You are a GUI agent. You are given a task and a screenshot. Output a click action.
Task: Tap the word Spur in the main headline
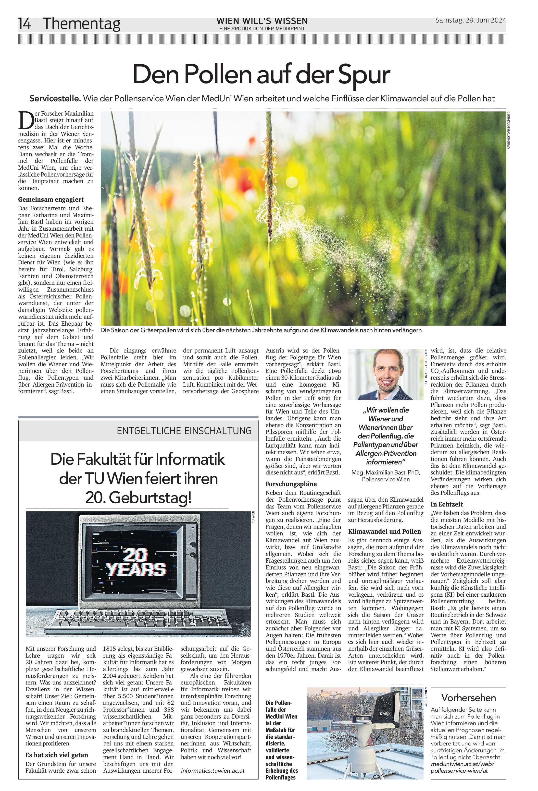pyautogui.click(x=363, y=74)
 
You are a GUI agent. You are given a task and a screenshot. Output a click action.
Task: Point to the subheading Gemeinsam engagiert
pyautogui.click(x=51, y=200)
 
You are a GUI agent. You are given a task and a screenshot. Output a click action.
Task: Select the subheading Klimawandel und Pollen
pyautogui.click(x=384, y=531)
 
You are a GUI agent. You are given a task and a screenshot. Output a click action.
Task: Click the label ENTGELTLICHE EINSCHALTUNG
pyautogui.click(x=184, y=431)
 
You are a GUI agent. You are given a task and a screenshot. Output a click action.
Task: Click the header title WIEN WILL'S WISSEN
pyautogui.click(x=262, y=21)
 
